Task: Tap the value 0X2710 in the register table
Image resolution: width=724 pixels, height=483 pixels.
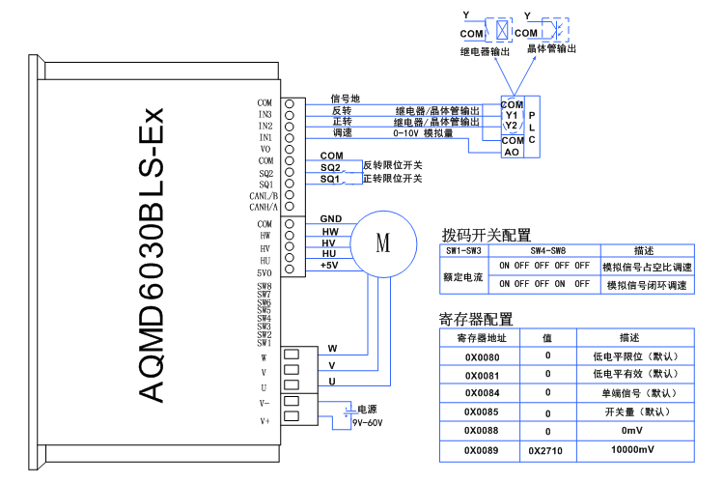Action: pyautogui.click(x=546, y=450)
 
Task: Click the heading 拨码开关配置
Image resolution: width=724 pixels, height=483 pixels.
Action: pyautogui.click(x=487, y=235)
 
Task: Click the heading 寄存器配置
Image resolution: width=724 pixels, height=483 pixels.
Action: pyautogui.click(x=475, y=319)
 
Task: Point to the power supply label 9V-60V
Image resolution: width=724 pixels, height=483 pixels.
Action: pyautogui.click(x=368, y=422)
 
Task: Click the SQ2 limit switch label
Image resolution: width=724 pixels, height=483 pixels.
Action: pyautogui.click(x=330, y=168)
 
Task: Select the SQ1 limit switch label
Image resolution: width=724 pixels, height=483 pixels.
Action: pyautogui.click(x=330, y=180)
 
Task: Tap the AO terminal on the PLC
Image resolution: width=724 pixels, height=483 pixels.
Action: pyautogui.click(x=512, y=152)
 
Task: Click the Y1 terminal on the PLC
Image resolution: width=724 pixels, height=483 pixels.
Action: pyautogui.click(x=512, y=115)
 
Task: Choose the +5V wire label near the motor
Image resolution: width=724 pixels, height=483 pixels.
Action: pyautogui.click(x=329, y=266)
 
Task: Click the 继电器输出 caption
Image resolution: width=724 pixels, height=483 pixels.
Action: pyautogui.click(x=484, y=49)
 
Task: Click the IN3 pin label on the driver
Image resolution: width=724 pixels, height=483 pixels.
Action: pyautogui.click(x=265, y=115)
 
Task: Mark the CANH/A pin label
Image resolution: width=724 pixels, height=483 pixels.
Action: pyautogui.click(x=264, y=207)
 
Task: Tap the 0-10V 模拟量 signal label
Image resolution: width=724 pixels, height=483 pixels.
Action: pyautogui.click(x=424, y=133)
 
